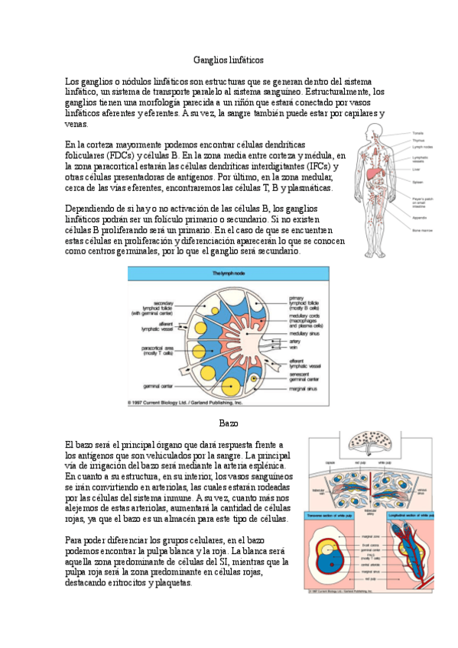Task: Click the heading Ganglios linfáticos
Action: tap(229, 59)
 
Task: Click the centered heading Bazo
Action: tap(229, 423)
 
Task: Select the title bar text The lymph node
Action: tap(228, 273)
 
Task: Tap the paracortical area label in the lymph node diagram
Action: tap(158, 350)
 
